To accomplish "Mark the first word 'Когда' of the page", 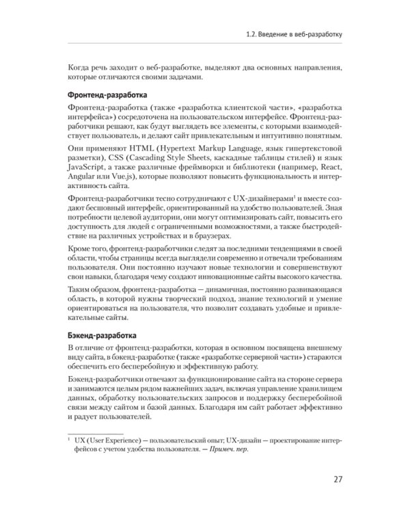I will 82,68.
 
